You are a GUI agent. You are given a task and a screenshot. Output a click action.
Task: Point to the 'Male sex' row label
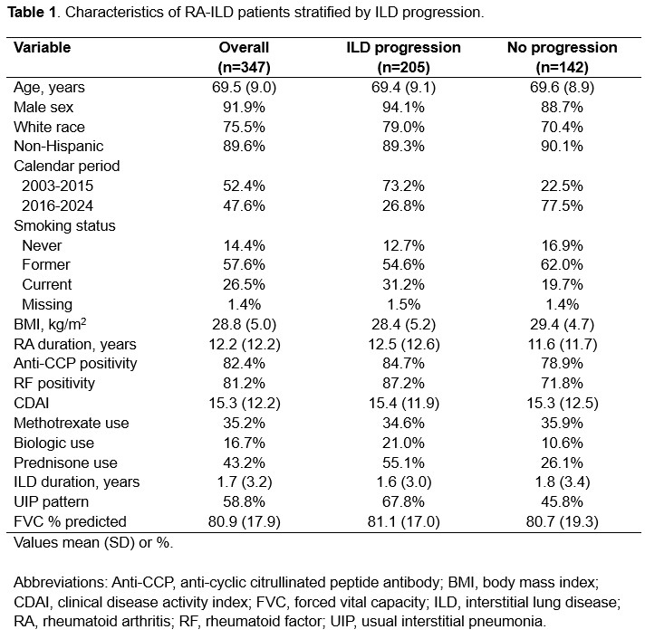(45, 107)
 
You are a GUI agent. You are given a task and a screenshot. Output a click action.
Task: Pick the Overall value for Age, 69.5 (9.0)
(244, 87)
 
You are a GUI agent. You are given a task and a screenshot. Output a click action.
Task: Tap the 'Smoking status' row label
(64, 225)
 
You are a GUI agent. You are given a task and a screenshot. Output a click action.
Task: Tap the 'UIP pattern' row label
(53, 501)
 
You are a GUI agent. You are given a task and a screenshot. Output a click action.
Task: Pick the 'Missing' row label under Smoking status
(50, 304)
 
